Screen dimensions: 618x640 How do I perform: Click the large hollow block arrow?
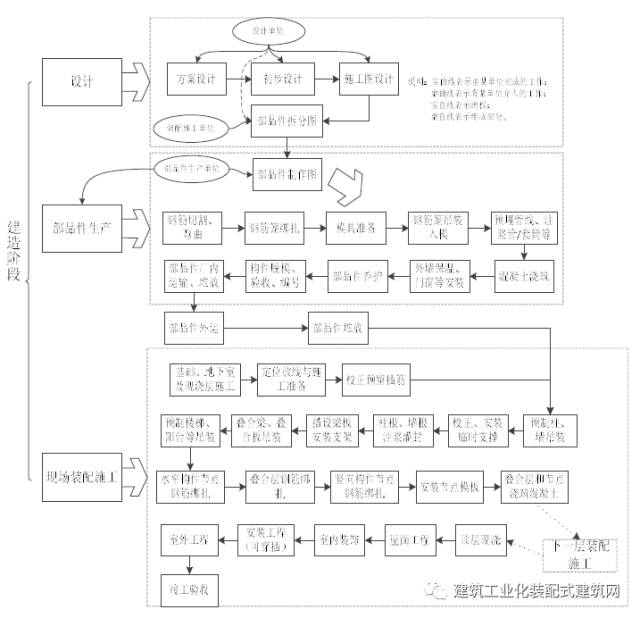pyautogui.click(x=353, y=182)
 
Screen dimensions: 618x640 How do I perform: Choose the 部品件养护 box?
pyautogui.click(x=356, y=274)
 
